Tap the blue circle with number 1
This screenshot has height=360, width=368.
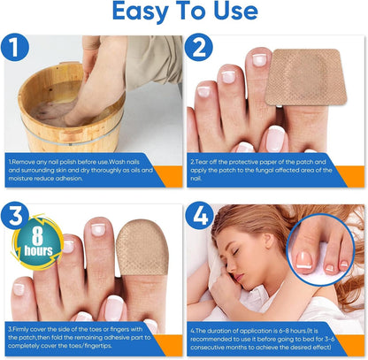15,48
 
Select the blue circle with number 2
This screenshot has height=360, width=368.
199,47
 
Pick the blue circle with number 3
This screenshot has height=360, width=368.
15,216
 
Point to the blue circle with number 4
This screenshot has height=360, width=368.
200,216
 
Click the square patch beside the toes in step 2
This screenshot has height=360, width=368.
306,77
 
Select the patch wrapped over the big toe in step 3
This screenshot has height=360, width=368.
142,247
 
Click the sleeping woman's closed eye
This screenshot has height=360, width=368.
235,252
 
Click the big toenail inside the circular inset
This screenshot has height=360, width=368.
304,260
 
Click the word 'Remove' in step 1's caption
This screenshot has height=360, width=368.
24,162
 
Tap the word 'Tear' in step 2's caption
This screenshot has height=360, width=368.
202,162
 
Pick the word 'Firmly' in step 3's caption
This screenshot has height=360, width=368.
20,329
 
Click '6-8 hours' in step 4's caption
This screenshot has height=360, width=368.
287,331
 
